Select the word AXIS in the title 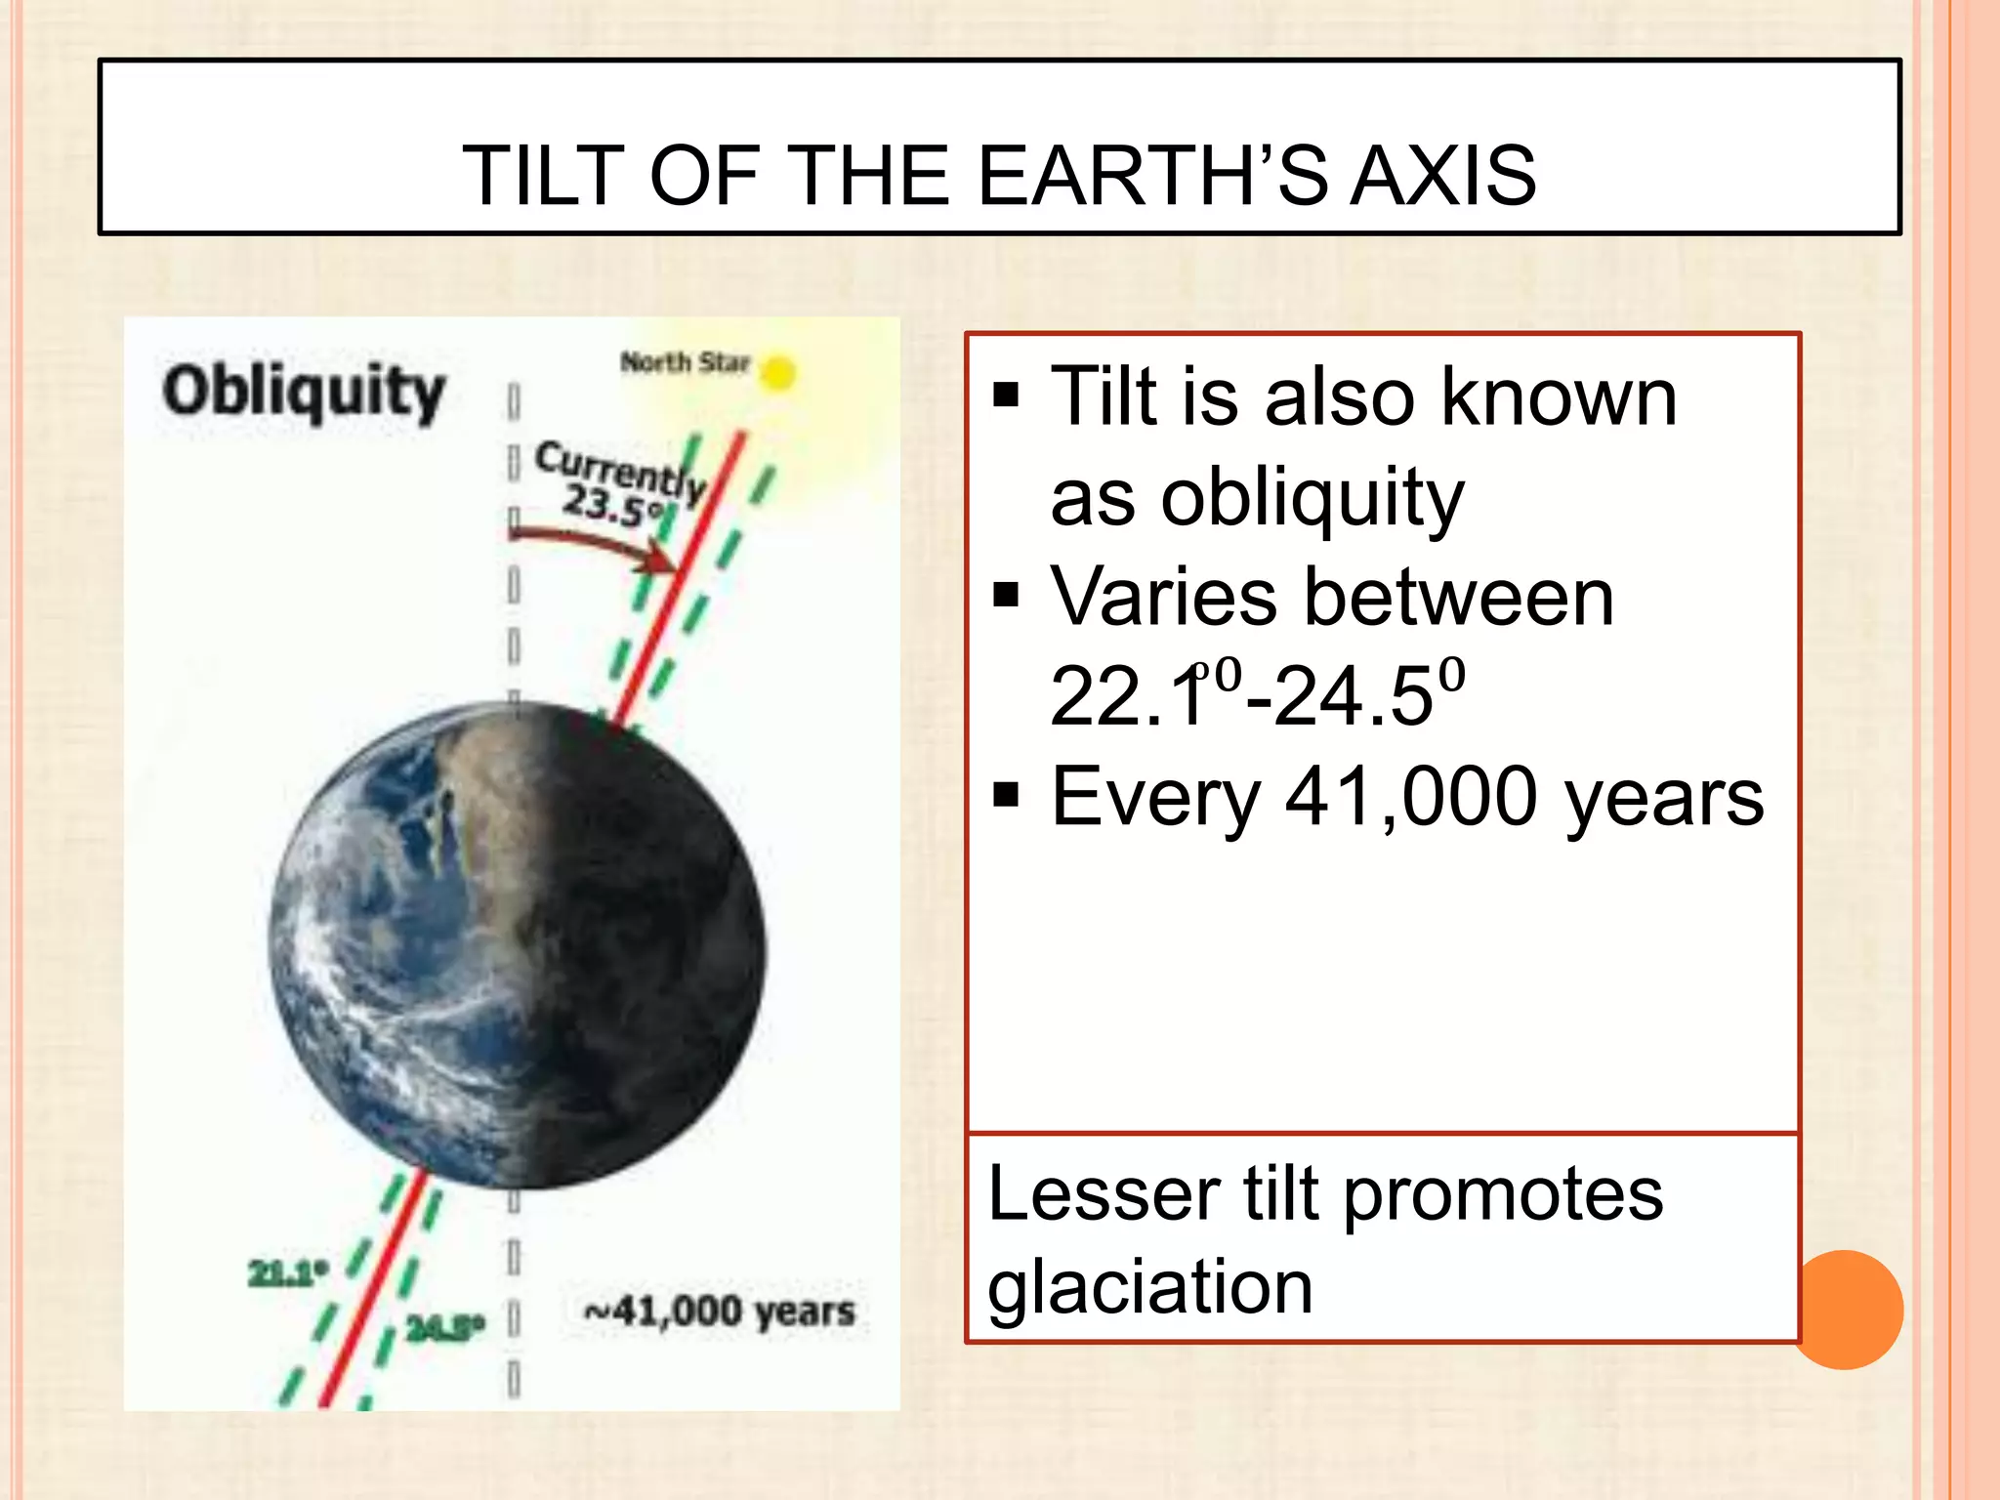click(x=1442, y=176)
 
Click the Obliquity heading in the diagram click(x=304, y=392)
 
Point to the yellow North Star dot click(x=777, y=373)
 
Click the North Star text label click(x=685, y=362)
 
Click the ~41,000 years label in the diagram click(x=720, y=1312)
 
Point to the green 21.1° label click(x=287, y=1273)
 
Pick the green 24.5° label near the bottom click(x=445, y=1329)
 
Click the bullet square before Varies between click(x=1006, y=595)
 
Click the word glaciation click(x=1149, y=1287)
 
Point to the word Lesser click(x=1104, y=1193)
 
